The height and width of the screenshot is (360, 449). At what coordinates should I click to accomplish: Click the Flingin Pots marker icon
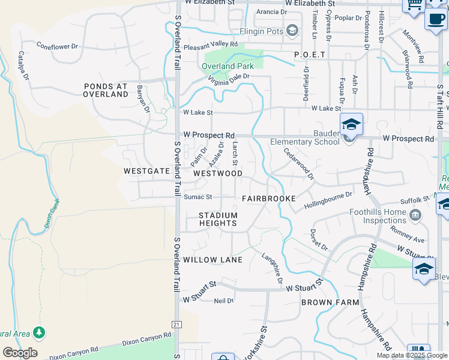[292, 30]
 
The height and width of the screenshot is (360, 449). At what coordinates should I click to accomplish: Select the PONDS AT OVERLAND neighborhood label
[106, 90]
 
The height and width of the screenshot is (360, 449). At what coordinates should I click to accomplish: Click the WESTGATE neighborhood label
[147, 171]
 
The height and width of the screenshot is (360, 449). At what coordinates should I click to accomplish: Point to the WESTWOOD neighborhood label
[218, 173]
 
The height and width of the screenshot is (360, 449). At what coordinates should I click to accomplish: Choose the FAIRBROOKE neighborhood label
[269, 198]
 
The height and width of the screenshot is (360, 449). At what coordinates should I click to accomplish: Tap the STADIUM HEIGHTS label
[218, 219]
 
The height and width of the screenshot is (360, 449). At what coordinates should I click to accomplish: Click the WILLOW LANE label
[213, 260]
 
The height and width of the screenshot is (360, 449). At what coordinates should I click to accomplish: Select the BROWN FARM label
[330, 302]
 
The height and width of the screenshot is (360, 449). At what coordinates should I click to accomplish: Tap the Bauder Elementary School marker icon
[351, 125]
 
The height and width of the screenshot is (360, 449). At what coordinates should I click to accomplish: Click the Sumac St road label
[198, 197]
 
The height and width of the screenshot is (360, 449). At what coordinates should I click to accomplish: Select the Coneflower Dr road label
[58, 45]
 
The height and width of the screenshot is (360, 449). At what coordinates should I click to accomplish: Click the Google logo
[20, 353]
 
